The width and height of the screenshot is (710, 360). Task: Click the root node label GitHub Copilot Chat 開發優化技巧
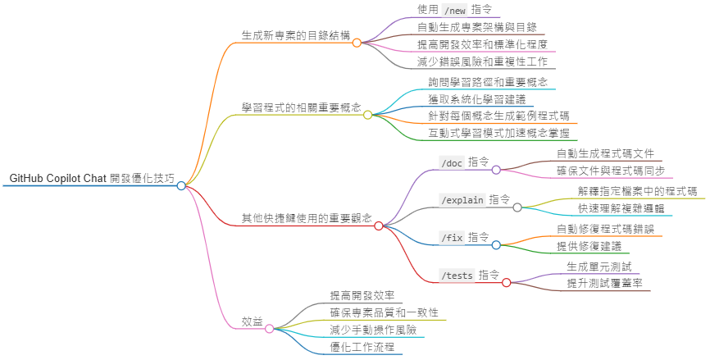[x=92, y=178]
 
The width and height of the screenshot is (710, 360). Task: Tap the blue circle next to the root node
[x=181, y=186]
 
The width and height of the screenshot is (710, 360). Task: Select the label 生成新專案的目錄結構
[x=296, y=36]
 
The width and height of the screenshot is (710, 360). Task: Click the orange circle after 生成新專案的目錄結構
[x=357, y=43]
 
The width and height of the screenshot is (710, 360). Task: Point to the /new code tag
[x=453, y=10]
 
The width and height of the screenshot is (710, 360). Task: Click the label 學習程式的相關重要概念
[x=301, y=107]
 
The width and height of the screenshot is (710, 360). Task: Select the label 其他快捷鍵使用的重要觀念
[x=307, y=218]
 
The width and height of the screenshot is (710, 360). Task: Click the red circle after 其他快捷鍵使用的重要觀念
[x=379, y=226]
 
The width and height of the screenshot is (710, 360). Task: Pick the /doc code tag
[x=452, y=162]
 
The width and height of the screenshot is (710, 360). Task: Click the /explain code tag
[x=463, y=200]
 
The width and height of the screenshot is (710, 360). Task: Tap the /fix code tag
[x=452, y=238]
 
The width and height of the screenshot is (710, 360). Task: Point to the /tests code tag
[x=457, y=276]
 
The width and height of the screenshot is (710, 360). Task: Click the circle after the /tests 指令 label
[x=507, y=283]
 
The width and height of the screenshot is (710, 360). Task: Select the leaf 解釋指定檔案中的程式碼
[x=637, y=191]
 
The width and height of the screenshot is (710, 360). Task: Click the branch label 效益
[x=252, y=321]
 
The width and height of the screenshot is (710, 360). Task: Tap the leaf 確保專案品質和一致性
[x=384, y=312]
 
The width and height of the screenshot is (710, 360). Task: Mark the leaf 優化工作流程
[x=362, y=347]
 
